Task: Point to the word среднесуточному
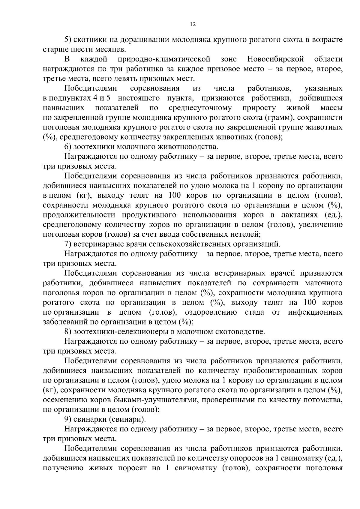click(x=200, y=108)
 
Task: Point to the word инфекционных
click(x=315, y=312)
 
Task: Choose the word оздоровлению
click(x=211, y=312)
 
